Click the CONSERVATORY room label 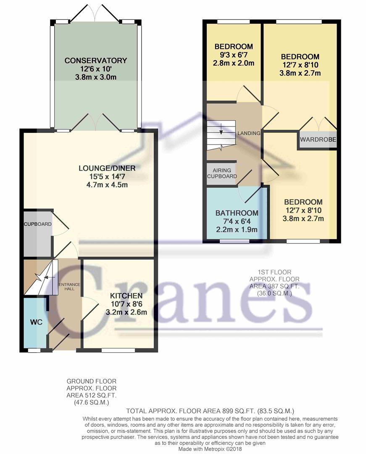[x=95, y=61]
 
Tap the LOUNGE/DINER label [x=107, y=168]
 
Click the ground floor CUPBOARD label [x=37, y=224]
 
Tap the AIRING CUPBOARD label [x=221, y=173]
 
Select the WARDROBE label [x=319, y=140]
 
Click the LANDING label [x=249, y=133]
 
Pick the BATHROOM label [x=237, y=213]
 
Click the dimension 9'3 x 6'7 [x=234, y=55]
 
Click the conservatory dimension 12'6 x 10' [x=95, y=69]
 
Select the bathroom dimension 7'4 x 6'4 [x=237, y=222]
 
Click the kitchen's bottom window [x=118, y=350]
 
